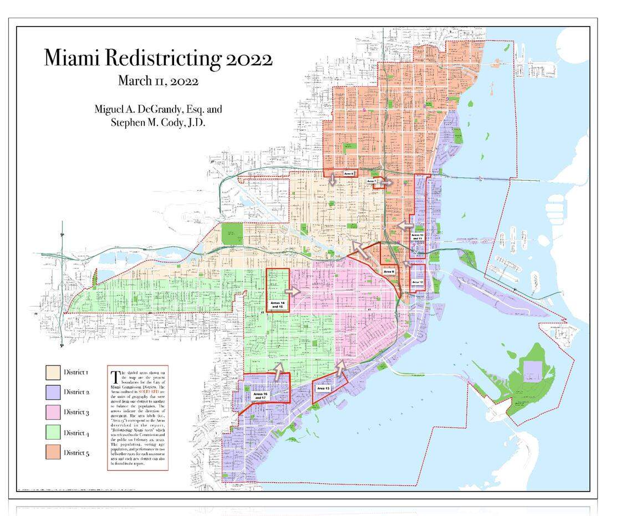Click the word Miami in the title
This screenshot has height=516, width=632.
point(76,58)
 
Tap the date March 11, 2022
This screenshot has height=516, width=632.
point(158,81)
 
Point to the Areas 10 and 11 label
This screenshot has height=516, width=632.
point(418,237)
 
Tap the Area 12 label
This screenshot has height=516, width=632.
point(417,283)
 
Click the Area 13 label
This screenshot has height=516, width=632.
point(323,389)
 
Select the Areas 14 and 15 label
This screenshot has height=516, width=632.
point(278,305)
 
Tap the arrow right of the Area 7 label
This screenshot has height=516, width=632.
point(386,182)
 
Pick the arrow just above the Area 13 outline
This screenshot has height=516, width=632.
point(341,365)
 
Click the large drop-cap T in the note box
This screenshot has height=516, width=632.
point(115,376)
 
